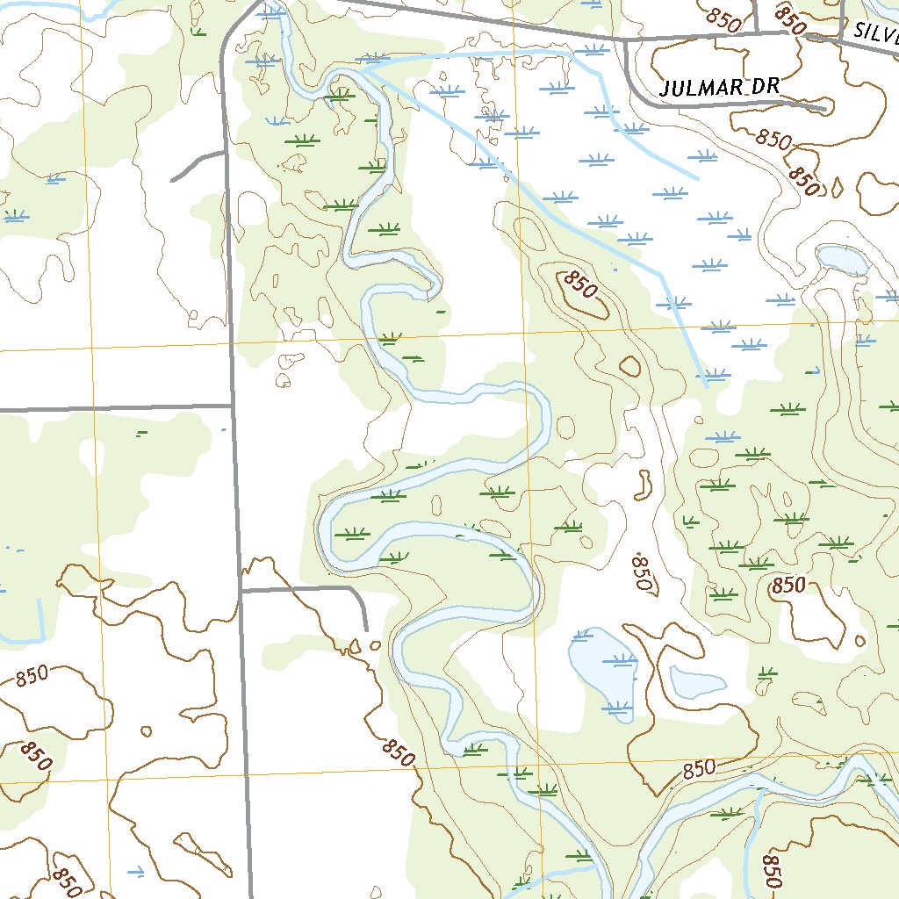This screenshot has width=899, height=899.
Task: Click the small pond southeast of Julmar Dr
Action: pyautogui.click(x=841, y=259)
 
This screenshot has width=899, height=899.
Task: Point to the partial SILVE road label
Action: pyautogui.click(x=874, y=33)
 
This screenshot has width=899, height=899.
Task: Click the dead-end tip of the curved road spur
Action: pyautogui.click(x=365, y=629)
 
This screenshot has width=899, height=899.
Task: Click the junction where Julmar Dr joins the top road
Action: pyautogui.click(x=625, y=40)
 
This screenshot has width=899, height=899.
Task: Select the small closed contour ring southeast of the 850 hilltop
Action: pyautogui.click(x=629, y=365)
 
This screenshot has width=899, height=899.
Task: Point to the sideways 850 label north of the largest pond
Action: pyautogui.click(x=644, y=574)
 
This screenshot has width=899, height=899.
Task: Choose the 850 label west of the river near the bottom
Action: pyautogui.click(x=398, y=752)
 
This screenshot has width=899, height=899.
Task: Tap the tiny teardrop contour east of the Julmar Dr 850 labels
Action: pyautogui.click(x=836, y=187)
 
